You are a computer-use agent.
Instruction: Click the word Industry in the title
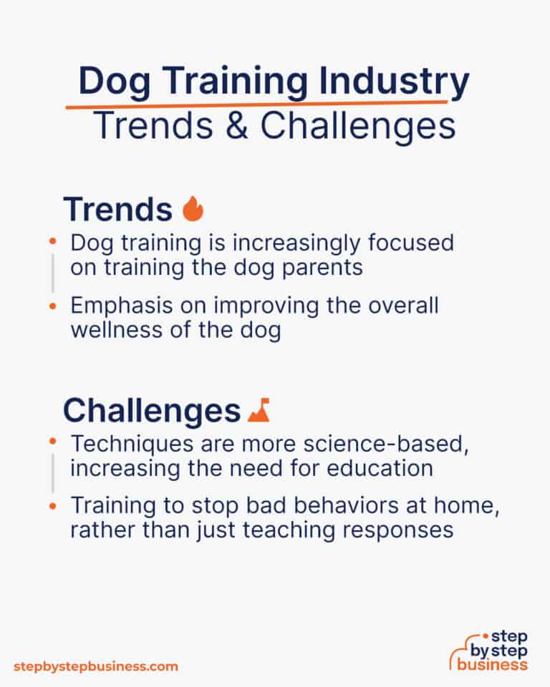[x=388, y=82]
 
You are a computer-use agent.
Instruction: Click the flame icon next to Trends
[x=193, y=209]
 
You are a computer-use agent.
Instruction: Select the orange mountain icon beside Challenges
[x=258, y=410]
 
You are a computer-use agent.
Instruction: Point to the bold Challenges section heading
[x=151, y=411]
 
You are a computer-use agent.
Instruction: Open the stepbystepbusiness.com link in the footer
[x=95, y=666]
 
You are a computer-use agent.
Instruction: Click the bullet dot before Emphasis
[x=52, y=306]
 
